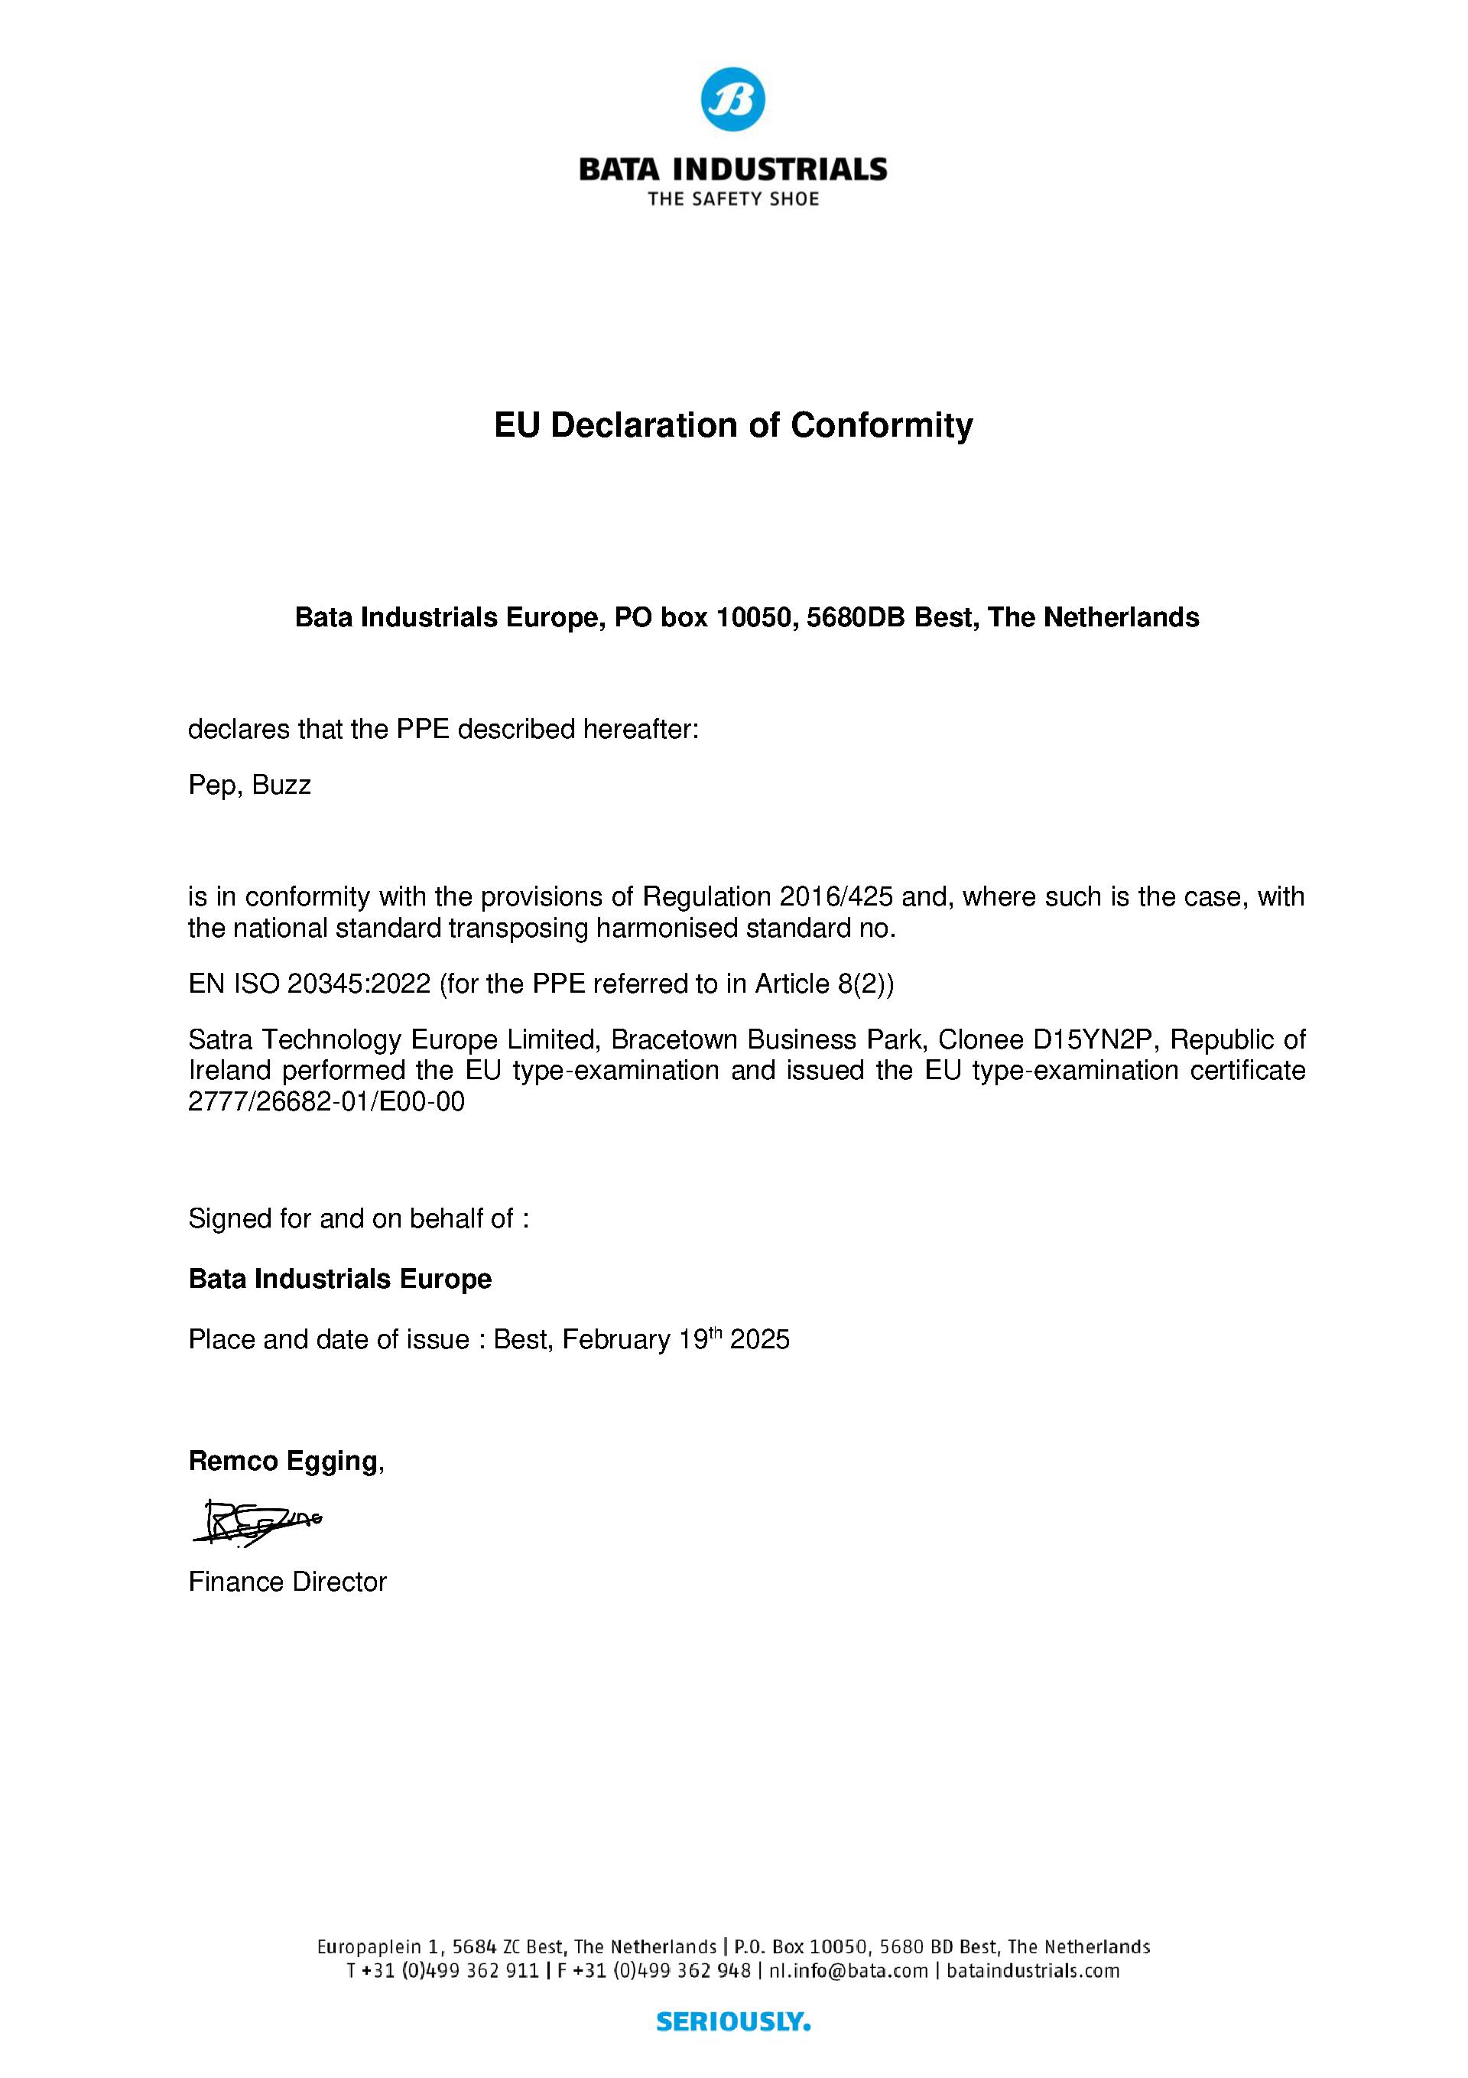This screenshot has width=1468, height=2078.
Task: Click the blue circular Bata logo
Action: [x=733, y=99]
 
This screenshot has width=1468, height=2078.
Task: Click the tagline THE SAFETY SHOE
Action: [x=733, y=199]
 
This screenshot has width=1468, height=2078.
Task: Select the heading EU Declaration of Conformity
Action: [x=733, y=424]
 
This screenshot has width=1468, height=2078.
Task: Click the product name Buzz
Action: [x=281, y=785]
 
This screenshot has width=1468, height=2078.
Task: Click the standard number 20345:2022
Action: [x=359, y=984]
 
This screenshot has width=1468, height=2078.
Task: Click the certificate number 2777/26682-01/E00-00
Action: [x=326, y=1102]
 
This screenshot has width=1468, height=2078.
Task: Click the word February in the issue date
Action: [x=615, y=1339]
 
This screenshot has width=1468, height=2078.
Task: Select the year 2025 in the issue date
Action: [x=759, y=1339]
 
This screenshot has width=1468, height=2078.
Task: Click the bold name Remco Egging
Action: [x=282, y=1461]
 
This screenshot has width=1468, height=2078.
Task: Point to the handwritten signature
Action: [x=257, y=1522]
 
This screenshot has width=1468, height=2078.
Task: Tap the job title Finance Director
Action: [x=287, y=1582]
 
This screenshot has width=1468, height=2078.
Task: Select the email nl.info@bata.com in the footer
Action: [x=849, y=1970]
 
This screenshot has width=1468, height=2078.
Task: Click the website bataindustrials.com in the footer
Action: [x=1033, y=1970]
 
